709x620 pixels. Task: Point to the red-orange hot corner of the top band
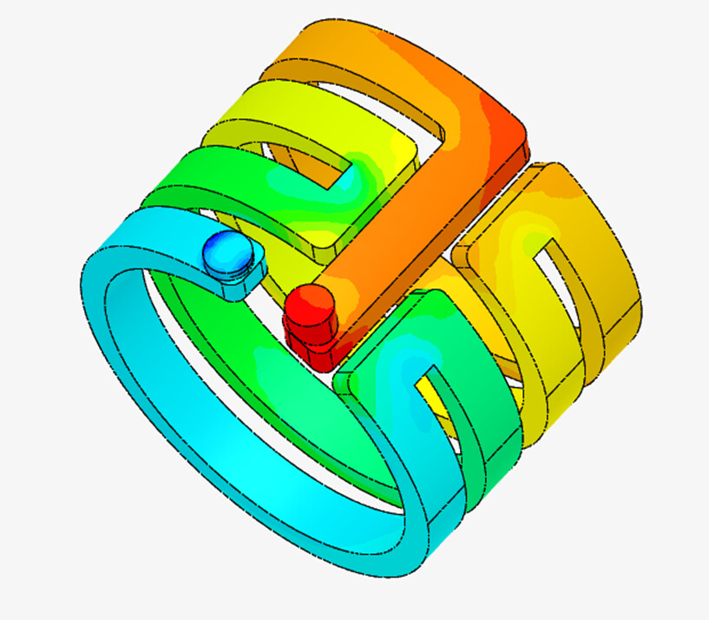tap(508, 122)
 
